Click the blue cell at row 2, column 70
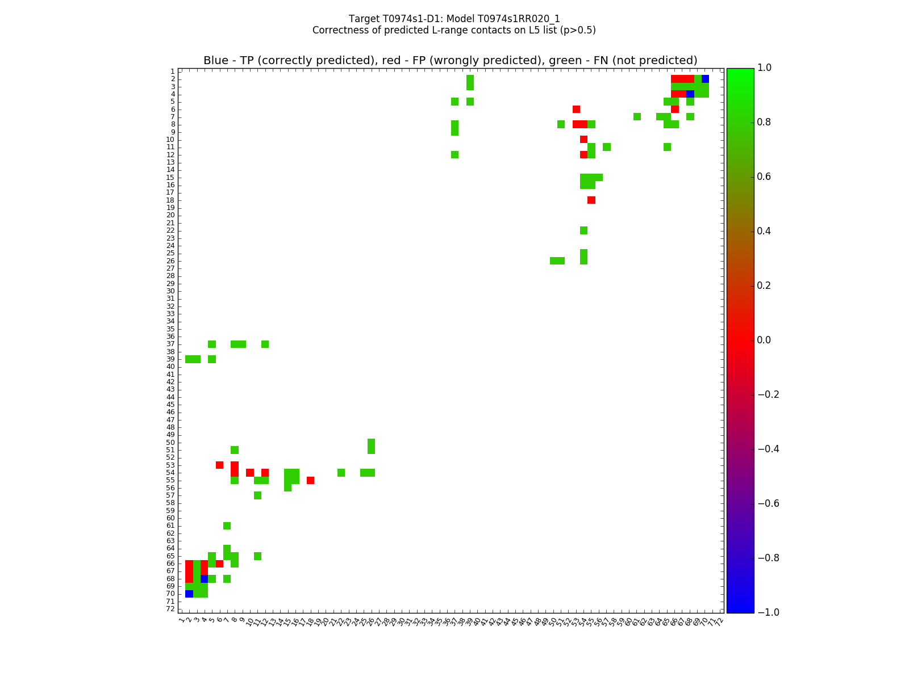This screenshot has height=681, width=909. pyautogui.click(x=705, y=79)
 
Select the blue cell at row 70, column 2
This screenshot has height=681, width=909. pyautogui.click(x=189, y=594)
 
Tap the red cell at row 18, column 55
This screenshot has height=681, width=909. pyautogui.click(x=591, y=200)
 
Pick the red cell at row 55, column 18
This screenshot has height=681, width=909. pyautogui.click(x=310, y=480)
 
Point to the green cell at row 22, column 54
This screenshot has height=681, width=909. pyautogui.click(x=583, y=230)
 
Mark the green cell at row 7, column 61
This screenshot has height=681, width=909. pyautogui.click(x=637, y=117)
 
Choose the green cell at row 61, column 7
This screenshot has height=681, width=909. pyautogui.click(x=227, y=526)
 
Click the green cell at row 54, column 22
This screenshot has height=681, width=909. pyautogui.click(x=341, y=473)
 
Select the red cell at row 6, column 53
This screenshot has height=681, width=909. pyautogui.click(x=576, y=109)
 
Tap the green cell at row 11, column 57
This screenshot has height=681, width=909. pyautogui.click(x=607, y=147)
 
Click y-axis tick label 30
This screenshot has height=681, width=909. pyautogui.click(x=170, y=291)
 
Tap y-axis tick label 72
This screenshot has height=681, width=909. pyautogui.click(x=170, y=609)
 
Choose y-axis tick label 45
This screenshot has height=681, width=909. pyautogui.click(x=170, y=405)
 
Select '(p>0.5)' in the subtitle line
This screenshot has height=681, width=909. pyautogui.click(x=577, y=30)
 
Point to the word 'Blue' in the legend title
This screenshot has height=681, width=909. pyautogui.click(x=216, y=61)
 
